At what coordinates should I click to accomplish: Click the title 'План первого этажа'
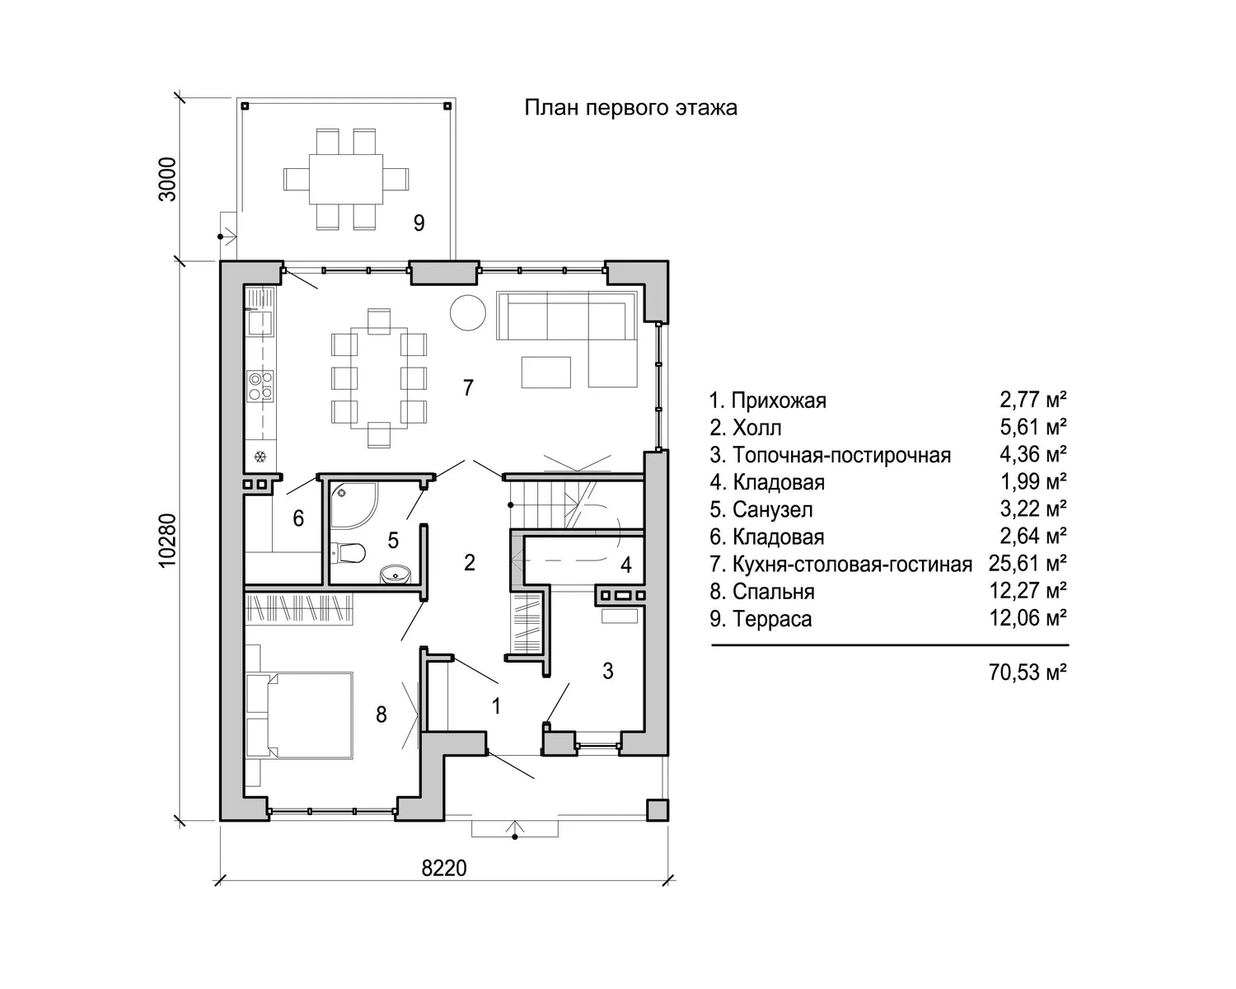(x=630, y=108)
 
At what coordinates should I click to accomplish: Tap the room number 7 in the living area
(x=468, y=387)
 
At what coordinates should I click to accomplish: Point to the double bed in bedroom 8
(x=299, y=715)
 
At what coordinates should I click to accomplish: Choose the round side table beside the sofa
(x=467, y=312)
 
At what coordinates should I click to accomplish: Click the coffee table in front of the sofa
(x=546, y=372)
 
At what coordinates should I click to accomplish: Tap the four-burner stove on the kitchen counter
(x=260, y=386)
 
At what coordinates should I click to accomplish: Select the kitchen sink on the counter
(x=260, y=322)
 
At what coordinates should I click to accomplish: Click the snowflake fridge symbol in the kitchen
(x=260, y=457)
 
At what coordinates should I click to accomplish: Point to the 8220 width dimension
(x=444, y=868)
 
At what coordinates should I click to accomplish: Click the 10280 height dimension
(x=167, y=540)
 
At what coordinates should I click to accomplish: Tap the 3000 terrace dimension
(x=167, y=179)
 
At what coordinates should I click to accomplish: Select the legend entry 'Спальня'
(x=773, y=591)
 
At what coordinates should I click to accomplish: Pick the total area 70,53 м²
(x=1028, y=671)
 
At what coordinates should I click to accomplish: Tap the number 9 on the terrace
(x=419, y=223)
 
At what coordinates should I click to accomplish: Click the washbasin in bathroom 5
(x=396, y=574)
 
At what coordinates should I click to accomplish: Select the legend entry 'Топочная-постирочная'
(x=841, y=455)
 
